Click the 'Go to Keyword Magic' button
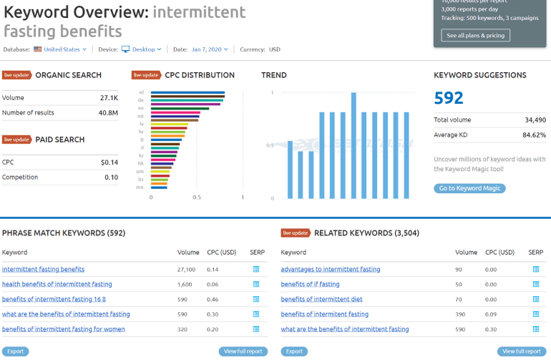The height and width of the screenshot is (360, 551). [x=469, y=188]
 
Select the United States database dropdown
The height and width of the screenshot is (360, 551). [x=64, y=49]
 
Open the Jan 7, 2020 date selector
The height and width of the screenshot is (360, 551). [x=210, y=49]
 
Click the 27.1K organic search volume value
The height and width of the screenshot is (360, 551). [x=109, y=97]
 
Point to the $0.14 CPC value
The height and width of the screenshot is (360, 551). [x=109, y=162]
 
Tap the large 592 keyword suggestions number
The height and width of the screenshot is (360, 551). [x=449, y=98]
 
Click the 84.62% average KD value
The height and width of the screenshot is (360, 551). [x=534, y=135]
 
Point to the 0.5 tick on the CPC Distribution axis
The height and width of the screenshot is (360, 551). [x=197, y=197]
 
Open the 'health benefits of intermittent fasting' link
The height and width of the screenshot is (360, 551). [x=57, y=284]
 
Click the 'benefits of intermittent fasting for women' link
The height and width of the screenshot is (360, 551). [x=64, y=329]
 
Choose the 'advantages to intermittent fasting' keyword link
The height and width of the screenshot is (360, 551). [x=331, y=269]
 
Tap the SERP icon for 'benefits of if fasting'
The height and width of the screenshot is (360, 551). [x=535, y=284]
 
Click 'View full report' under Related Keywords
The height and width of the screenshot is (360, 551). [x=522, y=351]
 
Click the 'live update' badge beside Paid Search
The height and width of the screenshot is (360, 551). [x=16, y=140]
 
